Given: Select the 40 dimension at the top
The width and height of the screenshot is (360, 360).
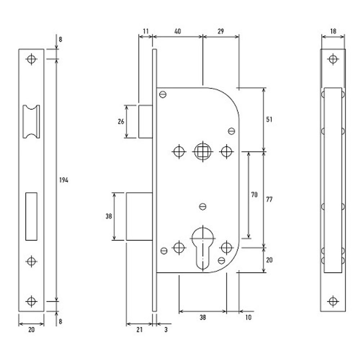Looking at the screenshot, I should coord(177,31).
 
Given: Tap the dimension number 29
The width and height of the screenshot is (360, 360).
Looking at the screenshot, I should coord(221,31).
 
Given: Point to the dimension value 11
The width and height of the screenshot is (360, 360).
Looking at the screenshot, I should coord(145,31).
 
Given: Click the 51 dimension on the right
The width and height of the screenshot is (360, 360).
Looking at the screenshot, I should coord(269,120).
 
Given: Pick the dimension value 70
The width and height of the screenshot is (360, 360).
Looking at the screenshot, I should coord(254,195).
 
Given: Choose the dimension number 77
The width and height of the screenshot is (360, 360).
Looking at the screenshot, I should coord(269,199).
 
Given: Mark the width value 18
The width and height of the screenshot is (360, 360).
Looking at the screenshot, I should coord(333,31).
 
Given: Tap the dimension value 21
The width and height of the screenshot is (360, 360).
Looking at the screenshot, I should coord(139,329).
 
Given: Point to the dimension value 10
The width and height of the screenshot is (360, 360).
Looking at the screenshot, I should coord(248,317).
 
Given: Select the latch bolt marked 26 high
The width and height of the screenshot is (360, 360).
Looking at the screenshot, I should coord(145,121).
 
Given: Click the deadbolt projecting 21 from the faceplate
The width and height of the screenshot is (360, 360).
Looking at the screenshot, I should coord(139,216).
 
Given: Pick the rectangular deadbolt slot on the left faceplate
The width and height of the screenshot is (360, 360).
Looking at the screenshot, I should coord(31,216).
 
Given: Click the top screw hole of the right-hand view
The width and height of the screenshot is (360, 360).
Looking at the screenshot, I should coord(333,59).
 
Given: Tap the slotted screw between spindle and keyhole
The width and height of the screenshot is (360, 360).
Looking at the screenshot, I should coord(203,207).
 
